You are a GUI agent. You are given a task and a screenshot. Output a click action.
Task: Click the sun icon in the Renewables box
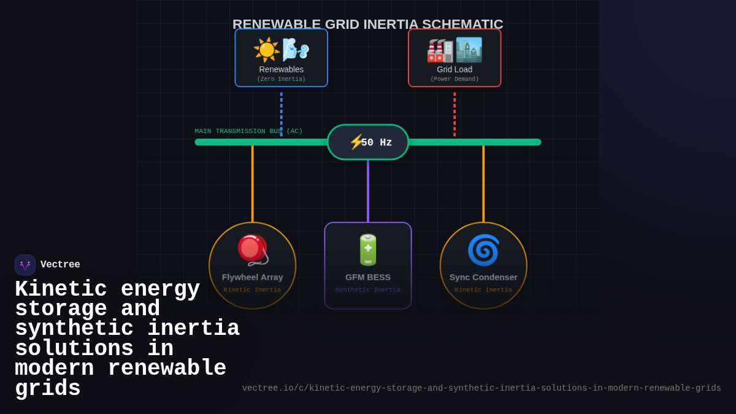point(266,50)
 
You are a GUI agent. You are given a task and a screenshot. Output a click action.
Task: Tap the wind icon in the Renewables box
point(295,49)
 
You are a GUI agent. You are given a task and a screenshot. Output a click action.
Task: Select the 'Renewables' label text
point(281,69)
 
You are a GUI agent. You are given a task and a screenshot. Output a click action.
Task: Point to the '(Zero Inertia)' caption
point(281,79)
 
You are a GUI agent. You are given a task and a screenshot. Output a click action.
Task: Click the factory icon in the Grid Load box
point(440,50)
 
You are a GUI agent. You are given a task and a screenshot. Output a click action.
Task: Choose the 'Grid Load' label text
point(454,69)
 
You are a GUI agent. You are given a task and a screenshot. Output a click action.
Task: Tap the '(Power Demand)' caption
point(454,79)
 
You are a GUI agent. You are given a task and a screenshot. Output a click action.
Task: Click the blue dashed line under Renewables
point(282,113)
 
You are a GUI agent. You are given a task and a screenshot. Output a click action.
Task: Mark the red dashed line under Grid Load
point(454,113)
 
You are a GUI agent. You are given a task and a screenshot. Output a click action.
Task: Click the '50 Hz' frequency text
point(376,142)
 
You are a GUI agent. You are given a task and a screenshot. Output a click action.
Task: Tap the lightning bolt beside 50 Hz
point(356,142)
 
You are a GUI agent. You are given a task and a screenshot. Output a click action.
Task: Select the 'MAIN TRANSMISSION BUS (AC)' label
point(248,131)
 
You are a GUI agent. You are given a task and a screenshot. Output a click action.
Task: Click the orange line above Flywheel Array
point(253,184)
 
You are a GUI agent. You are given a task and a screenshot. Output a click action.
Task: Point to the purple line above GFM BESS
point(368,190)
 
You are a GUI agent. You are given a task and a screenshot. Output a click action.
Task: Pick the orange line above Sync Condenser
point(483,184)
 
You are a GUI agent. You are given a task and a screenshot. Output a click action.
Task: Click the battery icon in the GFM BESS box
point(368,250)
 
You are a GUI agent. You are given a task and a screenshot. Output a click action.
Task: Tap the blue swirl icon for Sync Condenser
point(483,250)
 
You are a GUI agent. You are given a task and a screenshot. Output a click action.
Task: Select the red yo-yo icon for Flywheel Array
point(252,249)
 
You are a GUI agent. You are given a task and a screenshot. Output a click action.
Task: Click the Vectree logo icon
point(25,265)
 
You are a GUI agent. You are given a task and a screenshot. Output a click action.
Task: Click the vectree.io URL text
point(481,388)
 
